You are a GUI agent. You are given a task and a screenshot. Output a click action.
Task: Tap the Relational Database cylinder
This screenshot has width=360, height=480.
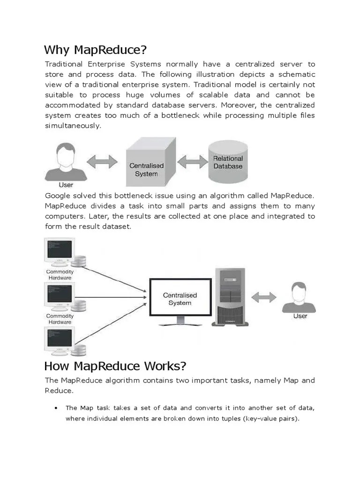coord(228,162)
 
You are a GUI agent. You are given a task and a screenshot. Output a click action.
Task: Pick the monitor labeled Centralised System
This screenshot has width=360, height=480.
coord(180,298)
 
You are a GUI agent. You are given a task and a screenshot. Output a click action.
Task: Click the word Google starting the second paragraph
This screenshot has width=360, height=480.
coord(59,195)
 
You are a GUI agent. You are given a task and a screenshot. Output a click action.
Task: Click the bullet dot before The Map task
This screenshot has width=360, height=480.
coord(56,408)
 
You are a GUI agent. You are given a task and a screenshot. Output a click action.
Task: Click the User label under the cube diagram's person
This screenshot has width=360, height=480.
coord(66,185)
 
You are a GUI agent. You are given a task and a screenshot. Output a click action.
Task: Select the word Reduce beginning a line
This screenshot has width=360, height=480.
coord(59,390)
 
